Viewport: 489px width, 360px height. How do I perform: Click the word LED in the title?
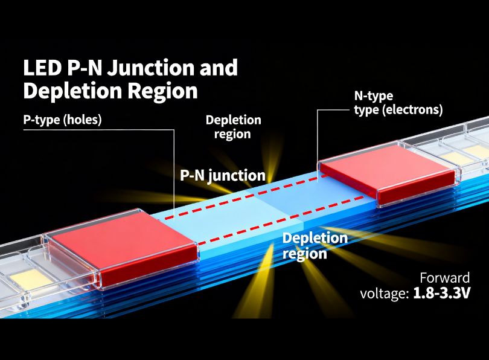point(40,68)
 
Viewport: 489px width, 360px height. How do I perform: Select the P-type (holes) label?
point(62,120)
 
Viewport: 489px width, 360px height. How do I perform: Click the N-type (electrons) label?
point(398,103)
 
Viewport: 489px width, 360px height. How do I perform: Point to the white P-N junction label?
point(223,176)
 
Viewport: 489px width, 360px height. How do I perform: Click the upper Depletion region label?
point(233,127)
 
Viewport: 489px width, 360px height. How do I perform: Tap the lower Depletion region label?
point(314,245)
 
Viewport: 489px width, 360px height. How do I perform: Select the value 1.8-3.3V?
point(441,294)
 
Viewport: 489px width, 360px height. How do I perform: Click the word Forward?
point(445,278)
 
